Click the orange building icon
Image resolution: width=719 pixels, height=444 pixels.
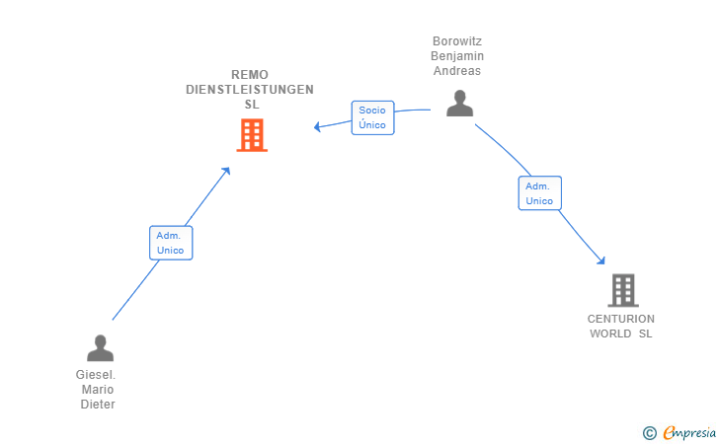pos(252,135)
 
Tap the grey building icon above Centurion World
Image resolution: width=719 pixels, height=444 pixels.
pos(623,290)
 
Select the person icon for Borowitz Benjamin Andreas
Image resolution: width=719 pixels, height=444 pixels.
pos(459,103)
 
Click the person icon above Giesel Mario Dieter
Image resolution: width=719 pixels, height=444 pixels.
pos(100,347)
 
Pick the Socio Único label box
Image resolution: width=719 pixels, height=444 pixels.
pos(372,117)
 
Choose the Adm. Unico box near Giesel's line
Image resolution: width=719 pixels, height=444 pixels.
pos(171,243)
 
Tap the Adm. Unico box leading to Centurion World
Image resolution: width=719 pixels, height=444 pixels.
pos(539,193)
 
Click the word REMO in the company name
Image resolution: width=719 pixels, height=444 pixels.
pos(250,75)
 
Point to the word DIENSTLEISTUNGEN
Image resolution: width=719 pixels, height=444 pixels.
pos(250,90)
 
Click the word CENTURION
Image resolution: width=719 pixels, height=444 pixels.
pos(621,319)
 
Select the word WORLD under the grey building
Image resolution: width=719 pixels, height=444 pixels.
pos(610,333)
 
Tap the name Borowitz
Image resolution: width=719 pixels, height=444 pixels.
pos(457,41)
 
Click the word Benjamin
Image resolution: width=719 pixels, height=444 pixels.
pos(457,56)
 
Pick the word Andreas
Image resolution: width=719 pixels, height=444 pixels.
pos(457,71)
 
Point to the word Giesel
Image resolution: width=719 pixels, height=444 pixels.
pos(96,375)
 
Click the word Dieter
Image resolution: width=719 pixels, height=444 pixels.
pos(98,405)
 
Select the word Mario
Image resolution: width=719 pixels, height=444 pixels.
pos(98,390)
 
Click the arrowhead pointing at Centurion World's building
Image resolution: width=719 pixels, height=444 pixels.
pos(601,260)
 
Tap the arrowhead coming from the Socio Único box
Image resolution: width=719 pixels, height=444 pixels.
pos(317,126)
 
